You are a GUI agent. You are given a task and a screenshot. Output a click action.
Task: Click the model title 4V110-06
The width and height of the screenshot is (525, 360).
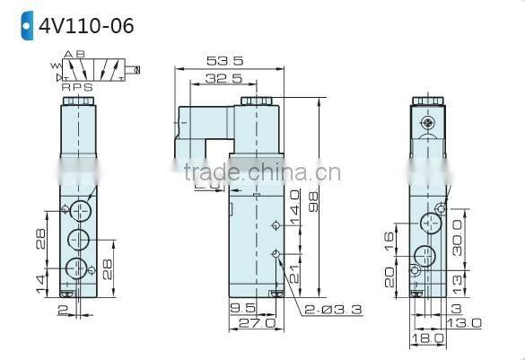point(85,25)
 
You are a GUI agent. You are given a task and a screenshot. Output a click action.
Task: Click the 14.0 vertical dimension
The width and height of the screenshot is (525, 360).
point(293,205)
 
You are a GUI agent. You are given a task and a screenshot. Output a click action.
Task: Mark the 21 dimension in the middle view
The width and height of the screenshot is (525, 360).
point(293,270)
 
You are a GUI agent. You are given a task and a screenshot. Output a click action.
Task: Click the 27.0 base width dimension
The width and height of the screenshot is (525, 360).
point(254,323)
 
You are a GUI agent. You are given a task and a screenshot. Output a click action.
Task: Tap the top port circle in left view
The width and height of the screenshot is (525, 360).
point(80,209)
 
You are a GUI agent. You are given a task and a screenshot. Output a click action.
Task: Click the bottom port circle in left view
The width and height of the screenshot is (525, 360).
point(80,267)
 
